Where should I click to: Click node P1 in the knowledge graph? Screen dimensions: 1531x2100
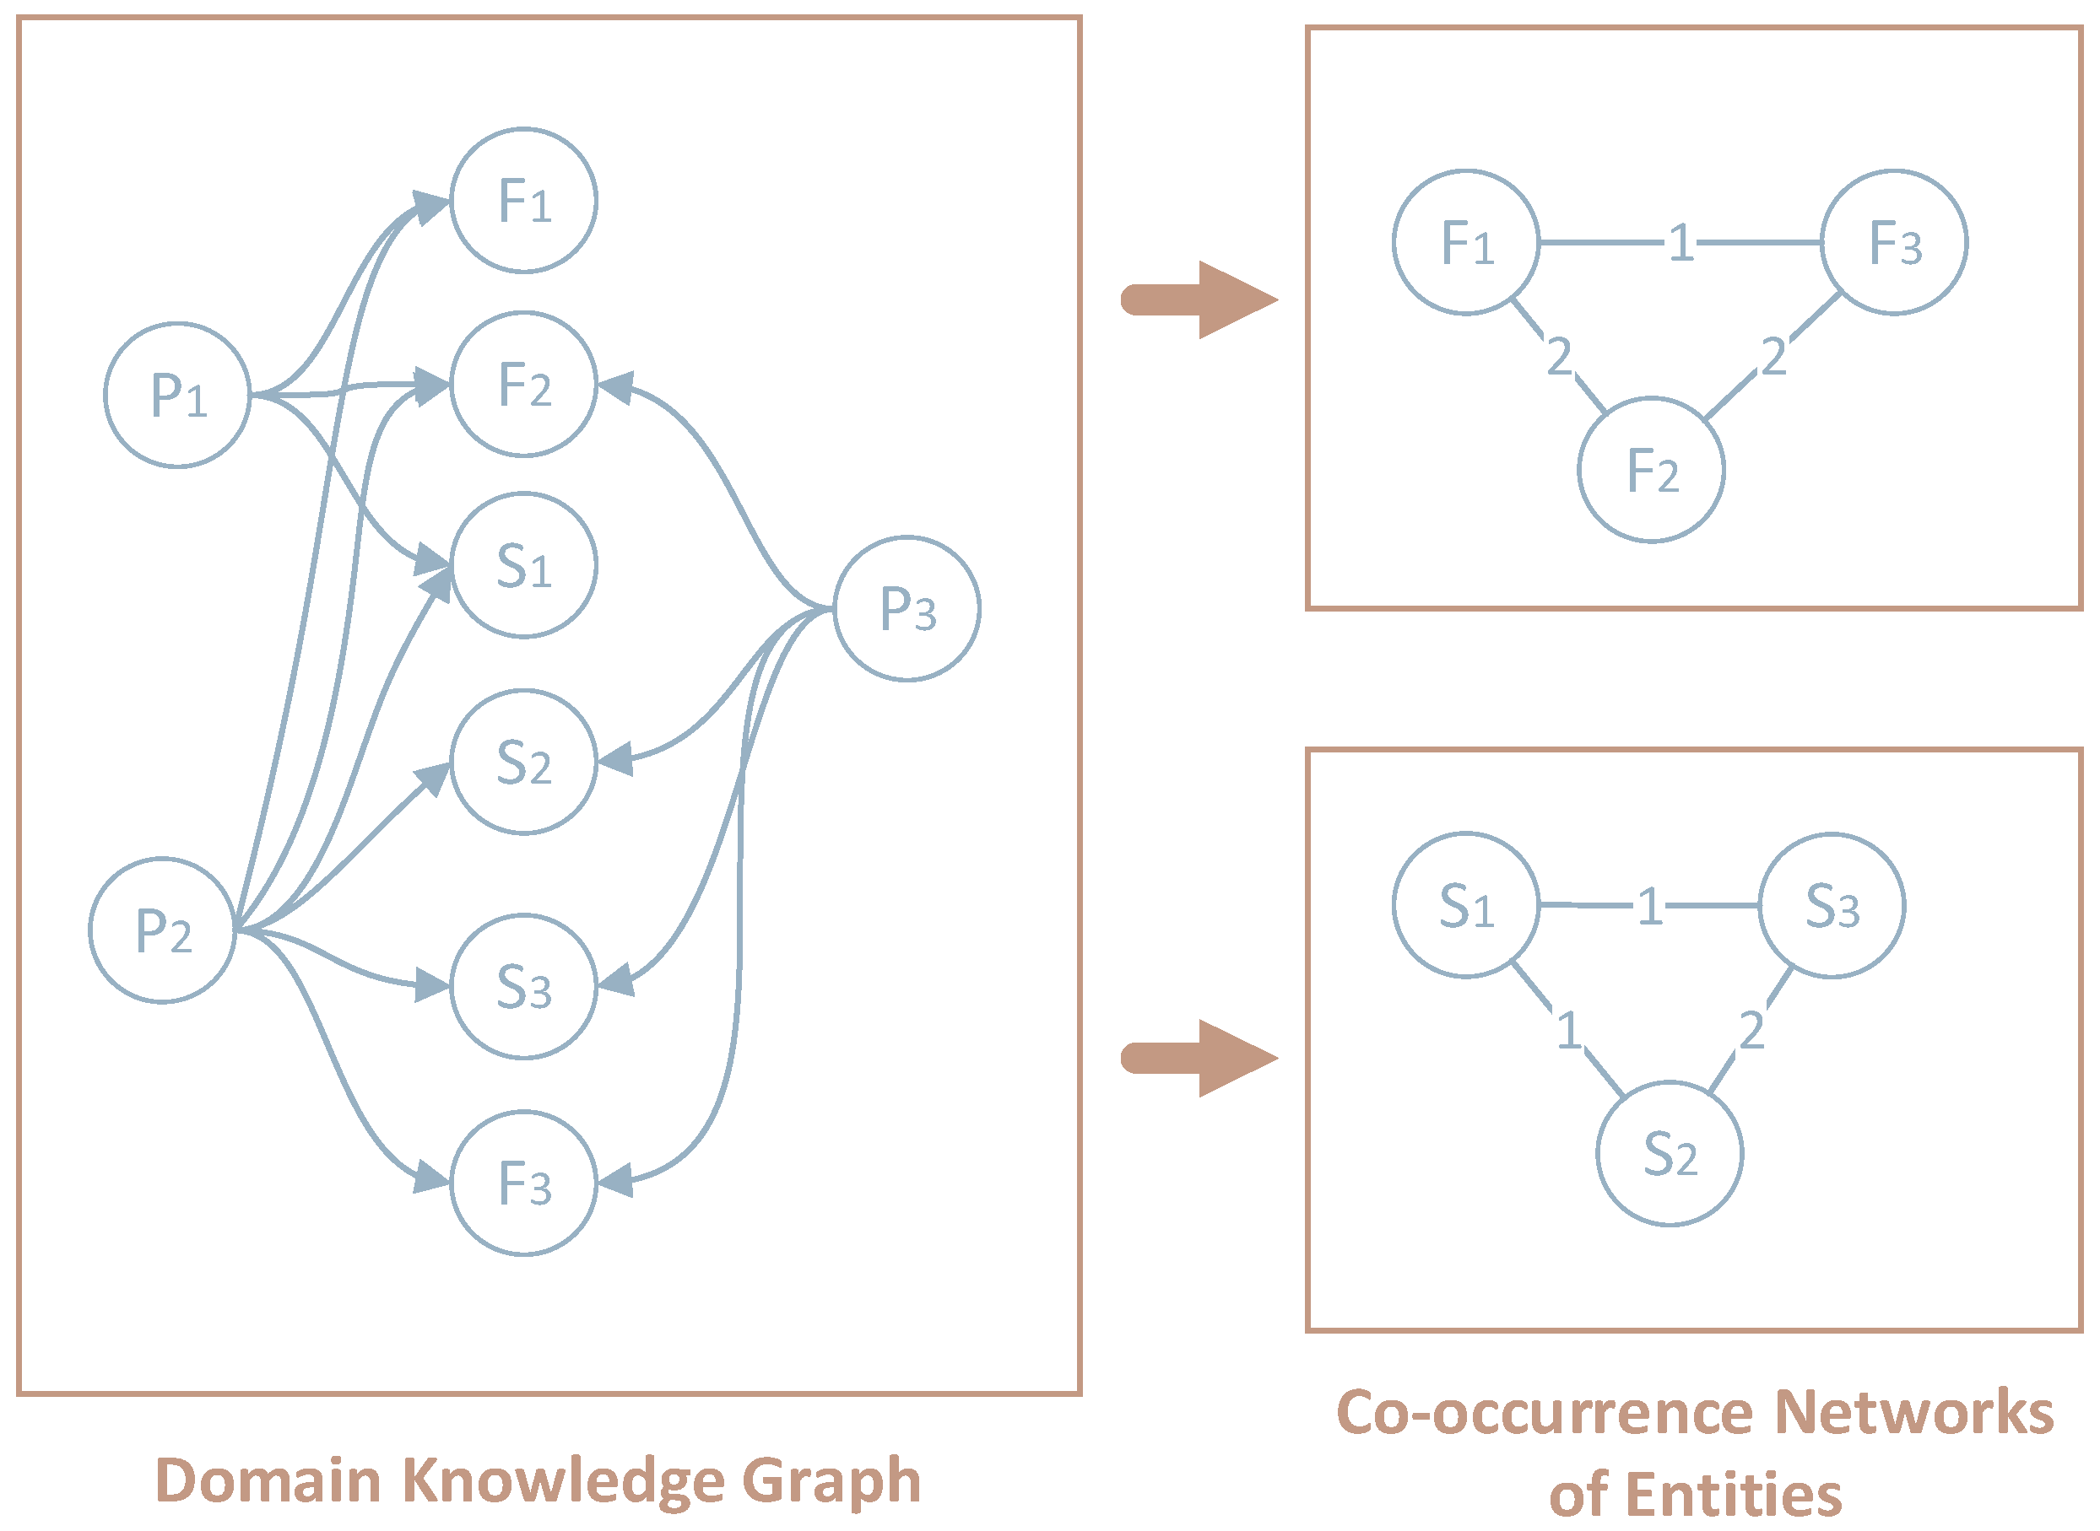pos(177,396)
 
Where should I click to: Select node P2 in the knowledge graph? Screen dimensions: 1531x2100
pos(162,930)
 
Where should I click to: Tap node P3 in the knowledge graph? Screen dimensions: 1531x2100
pos(907,609)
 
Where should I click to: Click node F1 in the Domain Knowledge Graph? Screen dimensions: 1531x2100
pos(524,200)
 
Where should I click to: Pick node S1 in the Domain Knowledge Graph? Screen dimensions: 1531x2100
pos(524,565)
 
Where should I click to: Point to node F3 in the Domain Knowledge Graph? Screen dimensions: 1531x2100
pos(524,1183)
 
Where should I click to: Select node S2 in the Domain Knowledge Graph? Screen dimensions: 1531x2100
pos(524,763)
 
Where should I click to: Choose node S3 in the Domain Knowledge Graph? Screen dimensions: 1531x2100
pos(524,987)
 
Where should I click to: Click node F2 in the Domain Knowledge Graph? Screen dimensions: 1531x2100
pos(524,385)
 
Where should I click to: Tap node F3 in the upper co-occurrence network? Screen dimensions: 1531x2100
pos(1894,243)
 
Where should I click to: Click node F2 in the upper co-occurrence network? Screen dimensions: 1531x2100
pos(1651,470)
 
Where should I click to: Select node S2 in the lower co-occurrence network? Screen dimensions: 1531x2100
pos(1670,1154)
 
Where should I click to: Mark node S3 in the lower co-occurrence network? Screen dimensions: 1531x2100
pos(1832,905)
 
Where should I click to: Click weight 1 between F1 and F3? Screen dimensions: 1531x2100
pos(1681,244)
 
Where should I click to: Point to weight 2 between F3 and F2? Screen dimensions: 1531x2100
pos(1773,357)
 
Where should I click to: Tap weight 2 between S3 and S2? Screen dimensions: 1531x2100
pos(1751,1030)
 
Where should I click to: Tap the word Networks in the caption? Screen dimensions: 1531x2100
pos(1913,1412)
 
